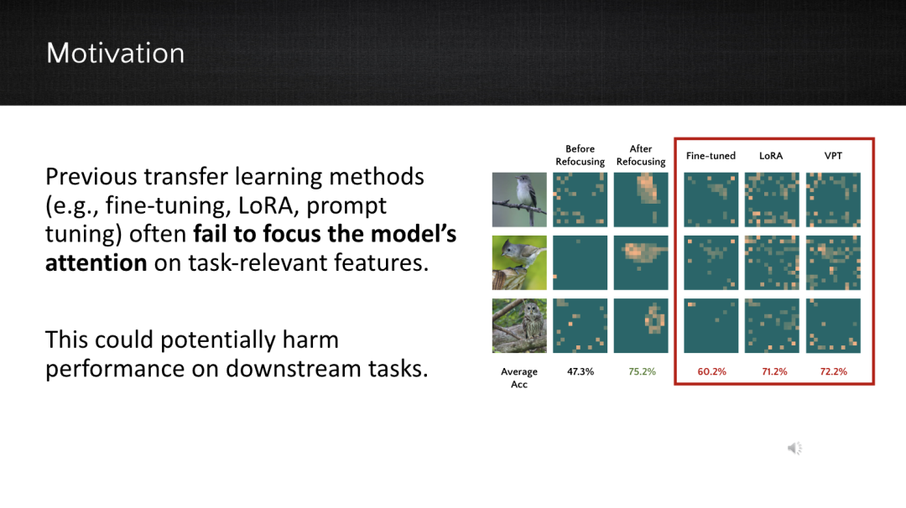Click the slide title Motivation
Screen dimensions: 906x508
coord(116,53)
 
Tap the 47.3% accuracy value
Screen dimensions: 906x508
coord(581,371)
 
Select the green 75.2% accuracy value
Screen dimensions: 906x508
coord(642,371)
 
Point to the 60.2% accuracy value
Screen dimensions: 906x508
coord(711,371)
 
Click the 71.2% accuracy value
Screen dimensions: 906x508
coord(774,371)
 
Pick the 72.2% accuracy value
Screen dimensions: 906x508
coord(833,371)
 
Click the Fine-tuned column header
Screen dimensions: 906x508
coord(711,156)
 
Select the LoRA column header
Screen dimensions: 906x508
coord(771,156)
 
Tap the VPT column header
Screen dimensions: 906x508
coord(833,156)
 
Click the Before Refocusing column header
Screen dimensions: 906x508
coord(581,155)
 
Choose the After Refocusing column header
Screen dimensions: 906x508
coord(641,155)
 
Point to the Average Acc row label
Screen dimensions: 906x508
coord(519,378)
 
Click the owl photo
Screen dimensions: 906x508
coord(519,325)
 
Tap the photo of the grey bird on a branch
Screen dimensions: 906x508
coord(519,200)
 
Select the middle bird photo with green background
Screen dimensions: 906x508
coord(519,262)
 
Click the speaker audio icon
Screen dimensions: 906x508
coord(795,448)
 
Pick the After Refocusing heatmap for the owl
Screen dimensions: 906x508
coord(641,325)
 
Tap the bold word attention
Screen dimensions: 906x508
coord(96,263)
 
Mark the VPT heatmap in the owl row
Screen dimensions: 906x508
coord(833,325)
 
